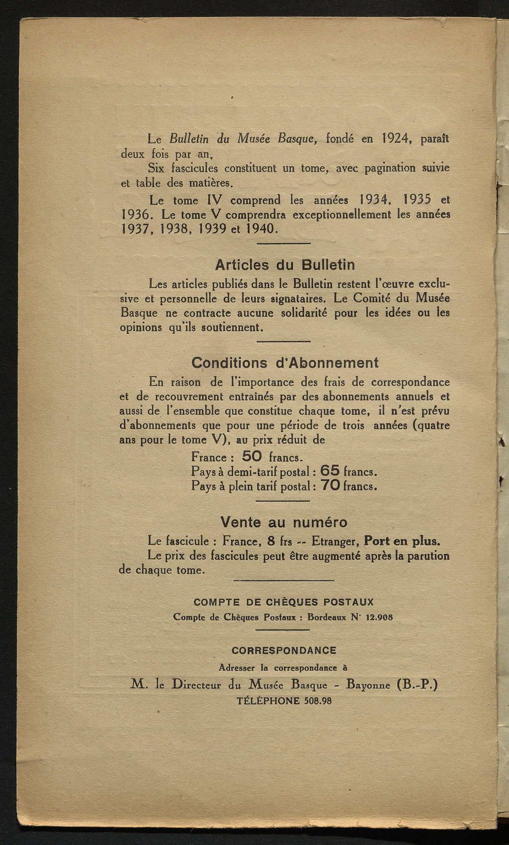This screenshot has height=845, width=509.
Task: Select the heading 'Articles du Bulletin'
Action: pos(285,265)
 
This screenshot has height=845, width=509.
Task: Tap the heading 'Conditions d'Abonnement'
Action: pos(285,363)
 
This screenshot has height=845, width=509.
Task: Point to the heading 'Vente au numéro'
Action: pos(284,522)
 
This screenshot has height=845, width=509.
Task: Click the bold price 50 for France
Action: pos(252,456)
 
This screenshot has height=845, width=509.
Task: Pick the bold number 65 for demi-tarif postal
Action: pos(330,470)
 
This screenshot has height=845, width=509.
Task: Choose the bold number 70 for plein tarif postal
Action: pos(331,485)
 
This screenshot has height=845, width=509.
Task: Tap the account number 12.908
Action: pos(378,617)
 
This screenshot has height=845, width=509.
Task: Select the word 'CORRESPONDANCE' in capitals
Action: pos(284,650)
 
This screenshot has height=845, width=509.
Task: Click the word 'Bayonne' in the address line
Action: pos(368,686)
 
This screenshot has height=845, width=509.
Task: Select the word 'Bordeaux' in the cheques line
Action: pos(329,617)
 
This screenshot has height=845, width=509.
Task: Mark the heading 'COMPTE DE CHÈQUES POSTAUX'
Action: pos(283,602)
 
